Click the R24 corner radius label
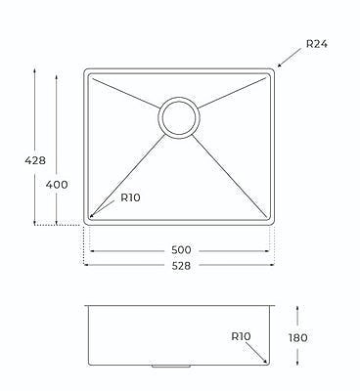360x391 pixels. point(318,44)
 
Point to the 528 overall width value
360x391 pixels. point(181,265)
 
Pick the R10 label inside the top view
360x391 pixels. point(131,197)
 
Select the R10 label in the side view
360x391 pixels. point(243,336)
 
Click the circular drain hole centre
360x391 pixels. point(180,116)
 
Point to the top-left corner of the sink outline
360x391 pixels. point(86,70)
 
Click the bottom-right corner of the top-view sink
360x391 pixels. point(274,225)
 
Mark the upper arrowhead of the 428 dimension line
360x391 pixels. point(37,71)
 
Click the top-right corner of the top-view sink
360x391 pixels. point(274,70)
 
